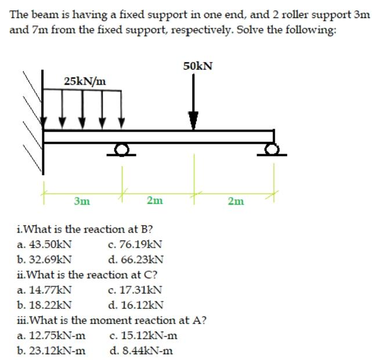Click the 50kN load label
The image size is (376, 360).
197,66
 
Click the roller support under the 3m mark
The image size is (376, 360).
121,150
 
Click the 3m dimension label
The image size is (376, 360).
82,201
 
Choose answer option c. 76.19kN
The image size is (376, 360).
135,244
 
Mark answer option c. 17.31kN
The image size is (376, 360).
135,289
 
